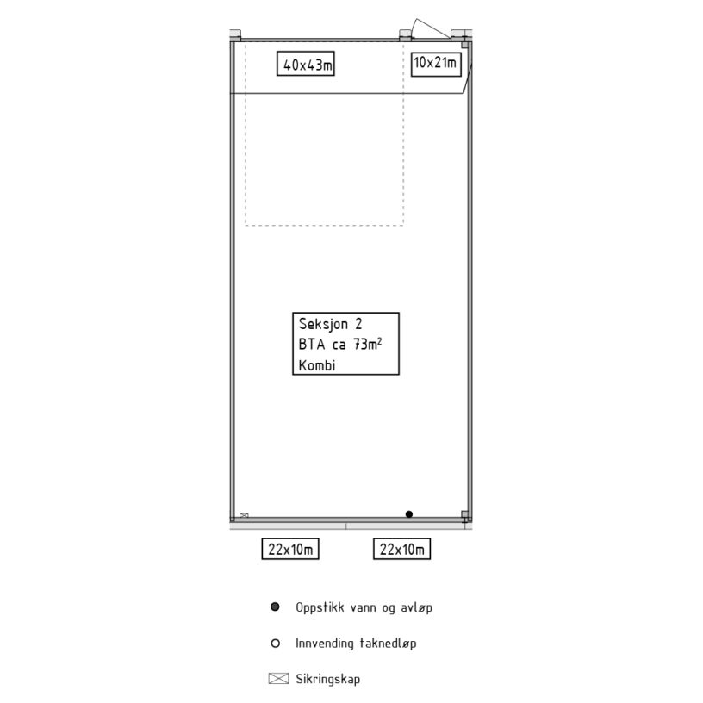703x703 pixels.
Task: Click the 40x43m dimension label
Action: [306, 64]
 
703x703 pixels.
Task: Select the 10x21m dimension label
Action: [436, 64]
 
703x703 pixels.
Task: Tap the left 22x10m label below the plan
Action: [290, 549]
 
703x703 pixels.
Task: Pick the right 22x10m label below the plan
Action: [402, 549]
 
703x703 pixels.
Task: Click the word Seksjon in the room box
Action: [323, 324]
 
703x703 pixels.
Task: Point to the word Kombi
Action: [317, 365]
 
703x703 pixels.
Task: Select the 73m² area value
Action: [368, 344]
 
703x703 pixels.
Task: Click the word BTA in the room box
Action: [312, 345]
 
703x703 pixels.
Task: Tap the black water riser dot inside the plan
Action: [409, 514]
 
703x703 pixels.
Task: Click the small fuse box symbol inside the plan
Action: [244, 515]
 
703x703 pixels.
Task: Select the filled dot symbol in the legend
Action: [276, 607]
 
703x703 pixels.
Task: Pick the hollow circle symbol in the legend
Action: [276, 644]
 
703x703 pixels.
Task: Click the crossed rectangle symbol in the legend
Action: [278, 679]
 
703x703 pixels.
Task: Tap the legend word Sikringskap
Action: [327, 679]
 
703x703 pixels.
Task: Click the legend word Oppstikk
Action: [320, 607]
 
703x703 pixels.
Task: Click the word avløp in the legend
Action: [416, 607]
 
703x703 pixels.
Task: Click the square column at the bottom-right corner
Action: [465, 514]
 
